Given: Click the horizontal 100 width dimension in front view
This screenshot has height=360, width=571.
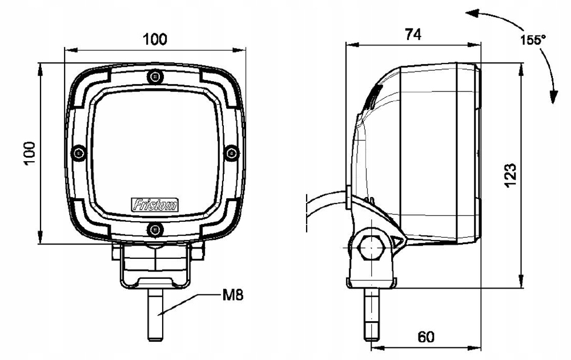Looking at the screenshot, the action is point(155,39).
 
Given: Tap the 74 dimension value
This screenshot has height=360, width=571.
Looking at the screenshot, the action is point(413,34).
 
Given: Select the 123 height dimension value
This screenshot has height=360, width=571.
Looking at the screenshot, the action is point(510,175).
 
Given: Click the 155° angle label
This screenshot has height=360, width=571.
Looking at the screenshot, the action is point(533,40).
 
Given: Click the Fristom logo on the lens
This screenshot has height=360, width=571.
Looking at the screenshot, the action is point(155,204).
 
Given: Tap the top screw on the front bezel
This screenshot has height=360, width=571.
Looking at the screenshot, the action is point(155,76).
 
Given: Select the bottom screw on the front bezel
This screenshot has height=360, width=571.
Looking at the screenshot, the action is point(155,230).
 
